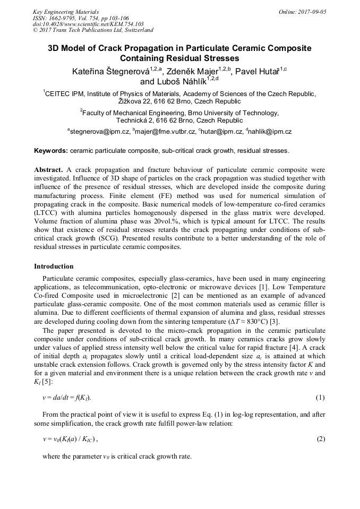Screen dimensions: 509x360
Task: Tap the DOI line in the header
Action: (x=88, y=24)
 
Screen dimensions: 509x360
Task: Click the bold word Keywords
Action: (x=50, y=151)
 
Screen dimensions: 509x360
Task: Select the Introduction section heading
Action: (x=54, y=266)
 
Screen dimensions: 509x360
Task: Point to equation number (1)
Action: (x=320, y=398)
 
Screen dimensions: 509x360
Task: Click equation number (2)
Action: (x=320, y=439)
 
